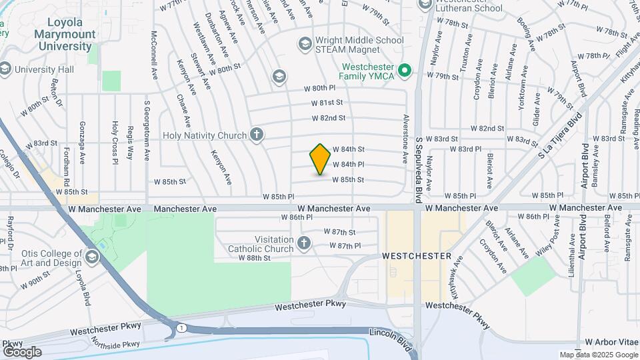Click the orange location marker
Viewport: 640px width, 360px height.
pyautogui.click(x=320, y=159)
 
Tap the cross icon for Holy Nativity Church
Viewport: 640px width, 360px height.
pyautogui.click(x=257, y=135)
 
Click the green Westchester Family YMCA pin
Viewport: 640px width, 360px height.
pyautogui.click(x=403, y=70)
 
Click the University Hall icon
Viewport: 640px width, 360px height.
pyautogui.click(x=5, y=69)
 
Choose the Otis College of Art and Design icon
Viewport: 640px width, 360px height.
pyautogui.click(x=91, y=255)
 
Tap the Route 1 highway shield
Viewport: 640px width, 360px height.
pyautogui.click(x=181, y=327)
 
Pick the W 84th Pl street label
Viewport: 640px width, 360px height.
pyautogui.click(x=348, y=164)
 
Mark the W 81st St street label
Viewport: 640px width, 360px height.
pyautogui.click(x=330, y=103)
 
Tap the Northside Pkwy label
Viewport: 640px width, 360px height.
pyautogui.click(x=117, y=344)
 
